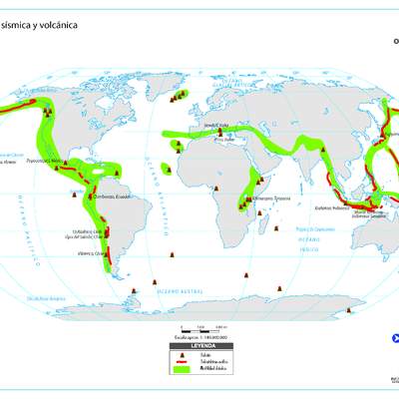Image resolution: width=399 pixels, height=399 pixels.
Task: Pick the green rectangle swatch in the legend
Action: (181, 369)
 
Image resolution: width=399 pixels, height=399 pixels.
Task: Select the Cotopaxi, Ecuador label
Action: (110, 197)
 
